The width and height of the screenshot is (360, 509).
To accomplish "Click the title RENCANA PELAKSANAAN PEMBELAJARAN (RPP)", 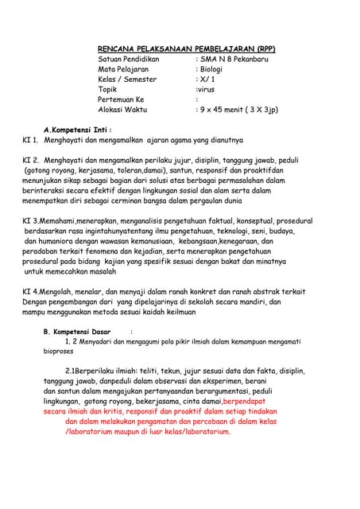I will tap(197, 48).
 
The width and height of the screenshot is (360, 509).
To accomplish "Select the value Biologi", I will tap(214, 69).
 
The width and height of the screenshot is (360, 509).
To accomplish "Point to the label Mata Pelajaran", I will tap(123, 69).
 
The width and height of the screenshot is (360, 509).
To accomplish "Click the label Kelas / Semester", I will tap(127, 79).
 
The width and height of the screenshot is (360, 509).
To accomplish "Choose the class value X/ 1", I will tap(208, 79).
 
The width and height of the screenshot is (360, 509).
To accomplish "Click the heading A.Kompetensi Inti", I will tap(77, 128).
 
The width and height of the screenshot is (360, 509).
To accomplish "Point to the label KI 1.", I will tap(30, 138).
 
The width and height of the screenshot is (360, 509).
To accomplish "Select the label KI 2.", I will tap(30, 160).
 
